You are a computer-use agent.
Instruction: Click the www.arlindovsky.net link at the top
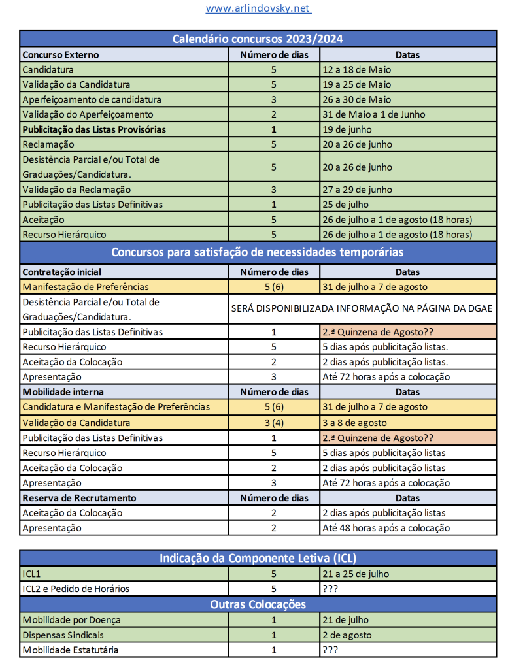click(x=258, y=8)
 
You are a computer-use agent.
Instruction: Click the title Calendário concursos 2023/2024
click(x=258, y=39)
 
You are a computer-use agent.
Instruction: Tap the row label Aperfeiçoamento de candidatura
click(x=92, y=99)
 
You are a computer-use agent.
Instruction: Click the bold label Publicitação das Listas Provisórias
click(x=94, y=129)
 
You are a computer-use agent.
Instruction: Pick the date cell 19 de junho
click(x=347, y=129)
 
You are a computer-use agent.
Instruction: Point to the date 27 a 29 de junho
click(x=357, y=190)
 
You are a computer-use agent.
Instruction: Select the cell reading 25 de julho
click(x=347, y=205)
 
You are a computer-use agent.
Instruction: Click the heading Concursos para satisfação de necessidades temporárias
click(x=258, y=252)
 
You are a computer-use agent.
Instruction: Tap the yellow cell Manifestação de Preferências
click(x=86, y=287)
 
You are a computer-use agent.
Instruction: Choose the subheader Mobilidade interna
click(x=63, y=392)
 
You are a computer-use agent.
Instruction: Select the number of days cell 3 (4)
click(x=274, y=423)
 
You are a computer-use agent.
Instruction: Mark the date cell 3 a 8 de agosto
click(x=354, y=423)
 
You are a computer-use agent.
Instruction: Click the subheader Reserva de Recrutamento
click(x=79, y=498)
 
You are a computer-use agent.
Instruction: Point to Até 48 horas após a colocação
click(x=386, y=528)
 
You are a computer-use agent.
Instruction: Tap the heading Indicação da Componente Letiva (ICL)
click(x=258, y=558)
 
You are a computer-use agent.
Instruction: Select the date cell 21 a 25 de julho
click(x=356, y=574)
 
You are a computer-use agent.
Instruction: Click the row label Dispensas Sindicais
click(x=63, y=635)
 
